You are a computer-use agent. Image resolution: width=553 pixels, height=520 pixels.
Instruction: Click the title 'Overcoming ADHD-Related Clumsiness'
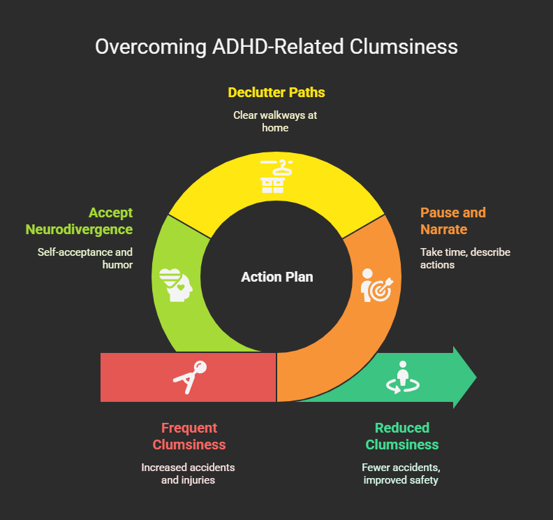[276, 47]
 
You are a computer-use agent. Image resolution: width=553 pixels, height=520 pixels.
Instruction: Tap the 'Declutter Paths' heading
[276, 92]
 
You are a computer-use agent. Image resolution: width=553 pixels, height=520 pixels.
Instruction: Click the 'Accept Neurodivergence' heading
[79, 221]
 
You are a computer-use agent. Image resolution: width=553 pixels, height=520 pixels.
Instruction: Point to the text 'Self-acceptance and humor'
[85, 259]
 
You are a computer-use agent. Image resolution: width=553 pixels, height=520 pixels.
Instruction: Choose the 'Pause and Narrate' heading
[452, 221]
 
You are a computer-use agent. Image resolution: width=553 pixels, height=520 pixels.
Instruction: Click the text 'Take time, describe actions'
[464, 259]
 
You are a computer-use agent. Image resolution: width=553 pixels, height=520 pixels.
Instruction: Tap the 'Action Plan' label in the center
[277, 277]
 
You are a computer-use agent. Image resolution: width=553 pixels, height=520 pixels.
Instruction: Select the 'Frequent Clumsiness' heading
[189, 436]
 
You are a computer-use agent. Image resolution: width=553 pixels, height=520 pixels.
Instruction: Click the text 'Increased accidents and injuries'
[189, 474]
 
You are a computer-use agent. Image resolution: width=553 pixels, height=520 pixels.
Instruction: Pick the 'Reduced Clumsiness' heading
[402, 436]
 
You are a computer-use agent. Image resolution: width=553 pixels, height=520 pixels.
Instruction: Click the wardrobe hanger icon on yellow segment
[276, 175]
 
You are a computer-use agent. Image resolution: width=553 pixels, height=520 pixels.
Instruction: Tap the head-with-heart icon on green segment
[174, 283]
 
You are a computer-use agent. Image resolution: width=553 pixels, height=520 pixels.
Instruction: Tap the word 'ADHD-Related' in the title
[252, 47]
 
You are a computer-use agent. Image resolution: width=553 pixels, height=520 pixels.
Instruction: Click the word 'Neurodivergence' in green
[79, 229]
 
